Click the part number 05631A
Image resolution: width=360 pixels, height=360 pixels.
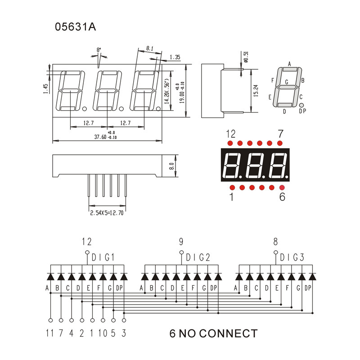pyautogui.click(x=75, y=27)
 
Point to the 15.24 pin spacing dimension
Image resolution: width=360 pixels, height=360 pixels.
pyautogui.click(x=256, y=90)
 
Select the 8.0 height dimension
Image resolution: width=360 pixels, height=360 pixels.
pyautogui.click(x=171, y=166)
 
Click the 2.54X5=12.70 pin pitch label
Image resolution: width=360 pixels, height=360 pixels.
pyautogui.click(x=107, y=213)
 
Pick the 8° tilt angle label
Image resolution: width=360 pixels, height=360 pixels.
pyautogui.click(x=99, y=49)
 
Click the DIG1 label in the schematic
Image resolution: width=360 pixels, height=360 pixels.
pyautogui.click(x=103, y=258)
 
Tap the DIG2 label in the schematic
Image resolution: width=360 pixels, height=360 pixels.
pyautogui.click(x=198, y=258)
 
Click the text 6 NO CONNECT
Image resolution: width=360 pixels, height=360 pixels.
pyautogui.click(x=213, y=333)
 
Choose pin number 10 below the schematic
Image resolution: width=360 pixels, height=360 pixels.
pyautogui.click(x=103, y=333)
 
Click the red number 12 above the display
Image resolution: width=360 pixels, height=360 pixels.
pyautogui.click(x=231, y=134)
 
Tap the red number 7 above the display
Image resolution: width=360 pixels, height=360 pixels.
pyautogui.click(x=280, y=134)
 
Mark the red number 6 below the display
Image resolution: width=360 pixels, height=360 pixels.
pyautogui.click(x=282, y=197)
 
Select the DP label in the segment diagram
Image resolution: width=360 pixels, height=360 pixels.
pyautogui.click(x=302, y=111)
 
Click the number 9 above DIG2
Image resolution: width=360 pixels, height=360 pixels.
pyautogui.click(x=181, y=242)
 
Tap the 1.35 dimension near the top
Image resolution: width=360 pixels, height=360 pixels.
pyautogui.click(x=175, y=57)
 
